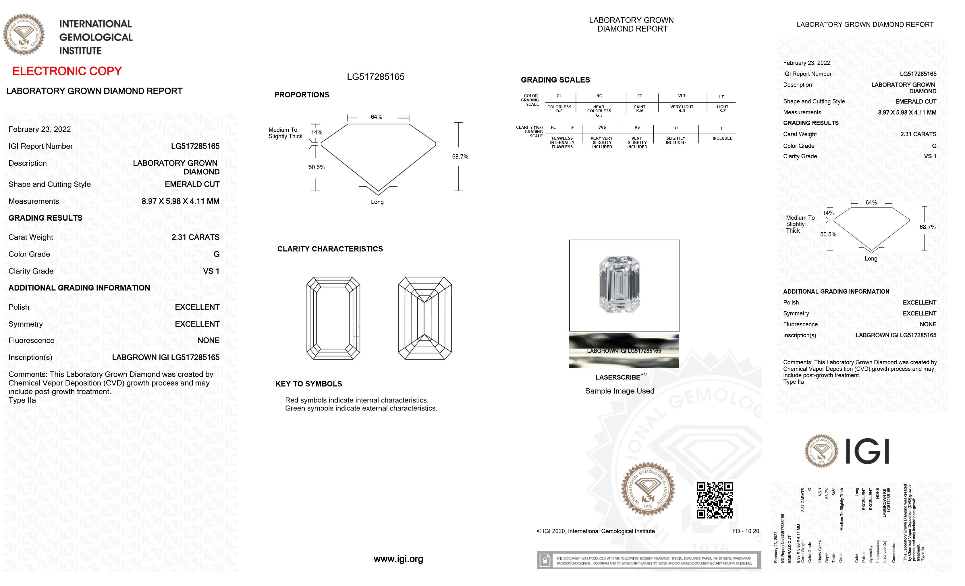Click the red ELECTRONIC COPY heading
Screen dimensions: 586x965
[x=67, y=71]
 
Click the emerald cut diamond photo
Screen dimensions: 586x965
[x=619, y=285]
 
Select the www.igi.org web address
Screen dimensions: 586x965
[x=398, y=559]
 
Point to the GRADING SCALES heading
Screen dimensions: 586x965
[x=555, y=80]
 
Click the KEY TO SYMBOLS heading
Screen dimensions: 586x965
[x=309, y=384]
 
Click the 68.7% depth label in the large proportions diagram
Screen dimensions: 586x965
[x=460, y=157]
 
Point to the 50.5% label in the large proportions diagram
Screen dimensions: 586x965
[x=316, y=167]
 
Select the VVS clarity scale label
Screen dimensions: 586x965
[x=602, y=127]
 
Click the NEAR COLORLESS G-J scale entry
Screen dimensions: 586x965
[x=599, y=111]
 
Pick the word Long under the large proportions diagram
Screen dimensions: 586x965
[x=377, y=202]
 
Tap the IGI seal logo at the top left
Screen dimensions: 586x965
[x=24, y=34]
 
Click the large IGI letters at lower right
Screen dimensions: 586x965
[x=867, y=451]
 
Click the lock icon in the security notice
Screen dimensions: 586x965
[x=544, y=560]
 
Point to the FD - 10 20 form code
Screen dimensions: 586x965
[x=745, y=531]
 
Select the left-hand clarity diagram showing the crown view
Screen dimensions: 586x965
[x=333, y=318]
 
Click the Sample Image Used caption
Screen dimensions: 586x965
[x=619, y=391]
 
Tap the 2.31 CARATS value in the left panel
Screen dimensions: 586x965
[x=195, y=237]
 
